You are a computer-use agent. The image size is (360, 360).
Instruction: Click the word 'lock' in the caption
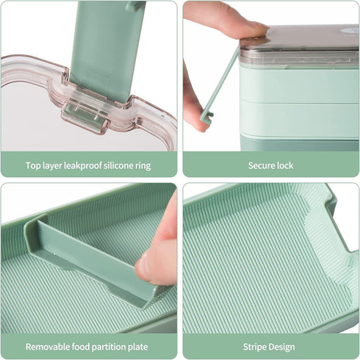(285, 165)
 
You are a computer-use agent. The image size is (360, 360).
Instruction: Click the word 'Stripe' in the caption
(254, 348)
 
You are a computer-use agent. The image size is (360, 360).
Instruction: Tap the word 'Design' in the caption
(281, 348)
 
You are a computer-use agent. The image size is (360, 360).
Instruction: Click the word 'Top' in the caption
(33, 166)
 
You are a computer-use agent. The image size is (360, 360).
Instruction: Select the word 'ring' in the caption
(143, 166)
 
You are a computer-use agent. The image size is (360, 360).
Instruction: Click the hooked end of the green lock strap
(207, 118)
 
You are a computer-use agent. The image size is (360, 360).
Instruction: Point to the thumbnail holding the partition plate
(143, 267)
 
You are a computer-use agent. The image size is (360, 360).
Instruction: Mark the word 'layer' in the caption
(52, 166)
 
